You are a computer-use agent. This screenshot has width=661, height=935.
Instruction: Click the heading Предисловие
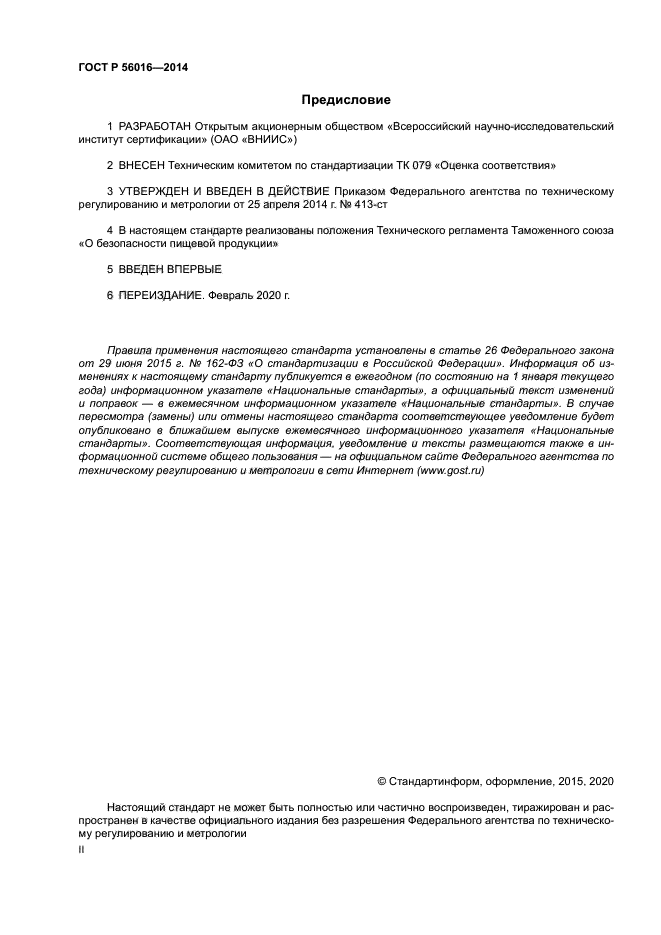pyautogui.click(x=346, y=100)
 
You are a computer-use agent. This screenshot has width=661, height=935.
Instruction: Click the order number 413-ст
pyautogui.click(x=381, y=203)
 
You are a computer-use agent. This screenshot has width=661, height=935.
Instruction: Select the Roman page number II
pyautogui.click(x=81, y=849)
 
